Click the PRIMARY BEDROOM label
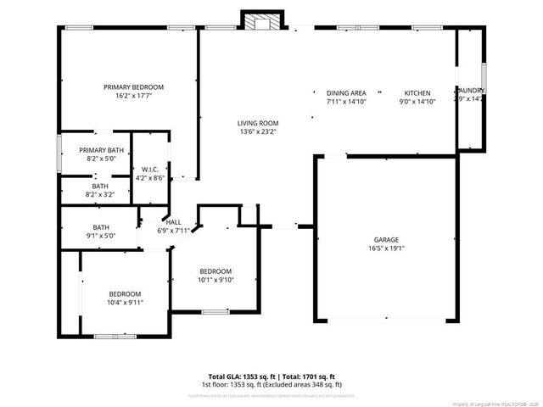click(133, 87)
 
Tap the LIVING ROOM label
click(257, 123)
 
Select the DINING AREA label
click(346, 92)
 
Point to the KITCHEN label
click(417, 92)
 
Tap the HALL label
click(173, 222)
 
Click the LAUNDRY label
click(470, 91)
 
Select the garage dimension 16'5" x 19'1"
click(386, 248)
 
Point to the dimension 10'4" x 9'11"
click(125, 302)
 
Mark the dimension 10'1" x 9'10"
click(216, 280)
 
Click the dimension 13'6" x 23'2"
click(257, 131)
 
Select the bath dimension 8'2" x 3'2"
click(101, 194)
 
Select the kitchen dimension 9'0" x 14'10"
click(417, 101)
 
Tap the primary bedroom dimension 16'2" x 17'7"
click(133, 96)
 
